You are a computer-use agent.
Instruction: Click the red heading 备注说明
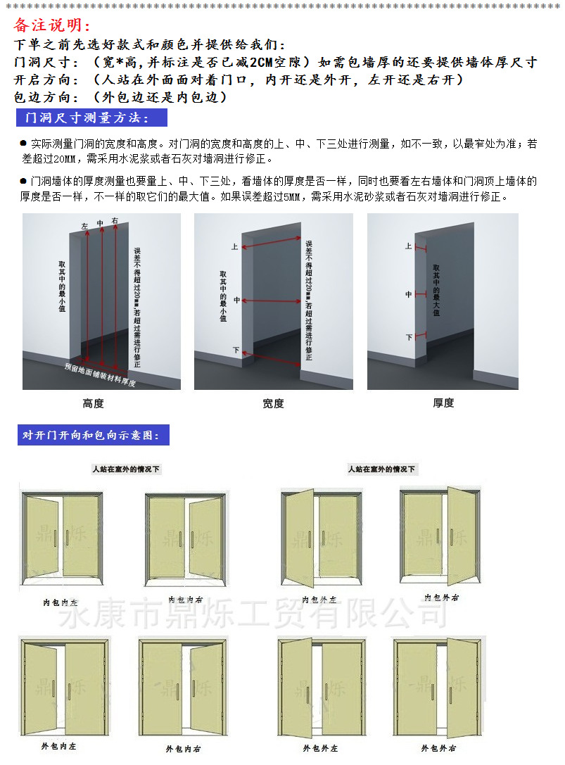(x=53, y=26)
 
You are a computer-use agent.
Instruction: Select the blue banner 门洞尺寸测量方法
(x=91, y=117)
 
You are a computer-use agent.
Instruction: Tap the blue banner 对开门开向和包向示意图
(x=93, y=435)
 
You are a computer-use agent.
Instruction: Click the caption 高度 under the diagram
(x=94, y=403)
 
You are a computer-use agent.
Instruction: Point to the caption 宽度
(x=273, y=403)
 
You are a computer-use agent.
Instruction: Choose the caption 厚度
(x=443, y=403)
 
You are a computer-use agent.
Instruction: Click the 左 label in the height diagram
(x=85, y=227)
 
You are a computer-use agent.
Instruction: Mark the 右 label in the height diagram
(x=115, y=221)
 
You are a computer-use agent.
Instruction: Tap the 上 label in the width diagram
(x=235, y=247)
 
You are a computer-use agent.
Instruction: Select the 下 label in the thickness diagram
(x=409, y=337)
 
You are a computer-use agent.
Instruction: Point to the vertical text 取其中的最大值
(x=436, y=290)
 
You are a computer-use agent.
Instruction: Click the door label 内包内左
(x=60, y=603)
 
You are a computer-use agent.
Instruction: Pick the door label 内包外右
(x=441, y=598)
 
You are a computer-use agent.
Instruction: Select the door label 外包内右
(x=184, y=749)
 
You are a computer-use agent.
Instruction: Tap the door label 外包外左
(x=320, y=748)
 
